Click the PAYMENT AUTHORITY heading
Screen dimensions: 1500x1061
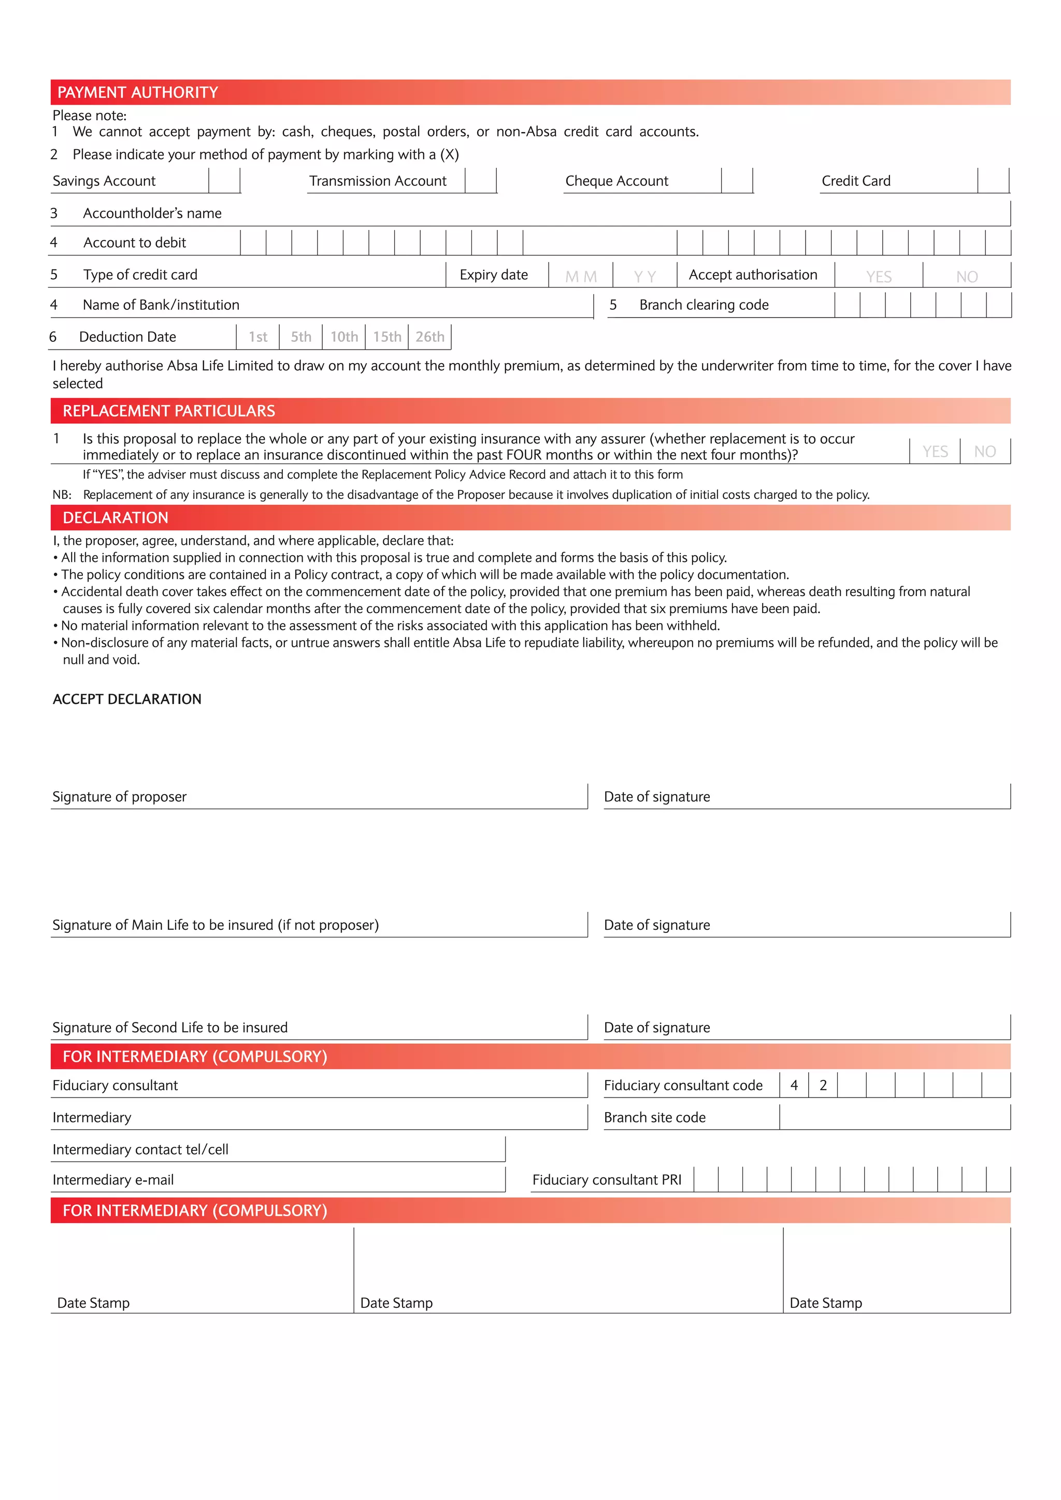(138, 93)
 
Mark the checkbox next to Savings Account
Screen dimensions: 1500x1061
(225, 181)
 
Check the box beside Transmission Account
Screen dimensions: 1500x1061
(481, 181)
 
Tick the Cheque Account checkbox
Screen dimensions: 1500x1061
(737, 181)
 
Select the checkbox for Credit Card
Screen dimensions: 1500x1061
(993, 181)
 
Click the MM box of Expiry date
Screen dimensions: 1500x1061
(581, 277)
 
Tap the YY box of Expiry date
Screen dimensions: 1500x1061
(645, 277)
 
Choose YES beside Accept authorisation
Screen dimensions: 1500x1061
(879, 277)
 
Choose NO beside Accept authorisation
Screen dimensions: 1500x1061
(967, 277)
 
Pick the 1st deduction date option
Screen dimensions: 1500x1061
(258, 337)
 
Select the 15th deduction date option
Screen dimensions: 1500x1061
(387, 337)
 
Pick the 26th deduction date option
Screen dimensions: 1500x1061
(430, 337)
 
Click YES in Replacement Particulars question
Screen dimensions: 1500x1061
(935, 452)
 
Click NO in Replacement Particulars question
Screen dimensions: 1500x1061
(984, 452)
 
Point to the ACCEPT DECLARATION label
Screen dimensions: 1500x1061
(127, 699)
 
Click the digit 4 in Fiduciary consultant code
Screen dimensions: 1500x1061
(794, 1085)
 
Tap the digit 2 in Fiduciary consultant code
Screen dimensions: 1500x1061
(823, 1085)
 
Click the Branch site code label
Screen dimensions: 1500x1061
(655, 1117)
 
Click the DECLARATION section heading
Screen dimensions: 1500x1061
(116, 518)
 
